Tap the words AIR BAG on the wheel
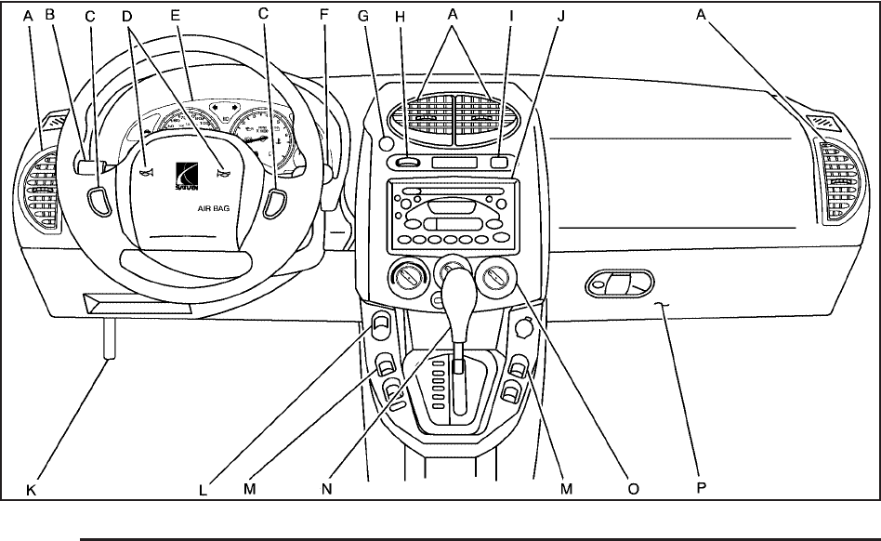click(213, 210)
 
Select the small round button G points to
click(385, 144)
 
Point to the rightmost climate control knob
click(498, 279)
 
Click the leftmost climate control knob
click(408, 278)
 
